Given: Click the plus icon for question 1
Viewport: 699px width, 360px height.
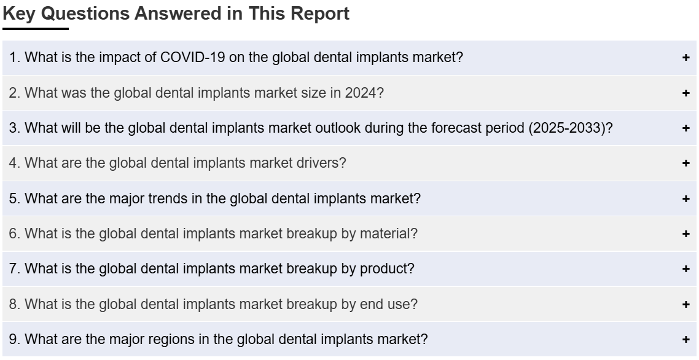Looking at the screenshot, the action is [685, 58].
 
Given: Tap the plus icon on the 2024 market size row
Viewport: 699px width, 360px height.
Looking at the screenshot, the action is [685, 93].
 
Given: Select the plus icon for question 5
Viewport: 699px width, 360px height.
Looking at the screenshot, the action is [685, 198].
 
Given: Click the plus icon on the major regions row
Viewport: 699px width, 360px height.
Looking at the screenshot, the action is [685, 340].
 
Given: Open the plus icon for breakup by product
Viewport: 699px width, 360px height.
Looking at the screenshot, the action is [685, 268].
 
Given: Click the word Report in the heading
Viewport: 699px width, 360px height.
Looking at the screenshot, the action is [320, 14].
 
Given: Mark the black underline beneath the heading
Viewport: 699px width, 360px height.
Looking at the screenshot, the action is [36, 29].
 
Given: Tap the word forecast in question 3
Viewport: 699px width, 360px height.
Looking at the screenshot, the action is [455, 128].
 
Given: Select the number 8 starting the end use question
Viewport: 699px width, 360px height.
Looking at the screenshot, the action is [12, 304].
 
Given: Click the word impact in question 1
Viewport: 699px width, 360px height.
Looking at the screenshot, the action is [116, 58].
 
